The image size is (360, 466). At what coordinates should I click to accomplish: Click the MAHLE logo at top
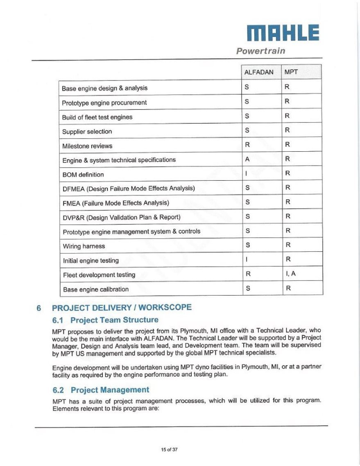tap(283, 33)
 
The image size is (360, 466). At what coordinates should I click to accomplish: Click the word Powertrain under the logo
tap(260, 51)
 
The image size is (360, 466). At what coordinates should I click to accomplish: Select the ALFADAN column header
tap(259, 72)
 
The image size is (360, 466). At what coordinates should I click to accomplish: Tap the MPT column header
tap(291, 72)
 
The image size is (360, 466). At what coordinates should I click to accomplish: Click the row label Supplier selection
tap(87, 132)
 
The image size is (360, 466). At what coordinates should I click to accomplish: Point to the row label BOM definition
tap(83, 175)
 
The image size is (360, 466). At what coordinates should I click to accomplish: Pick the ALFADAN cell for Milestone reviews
tap(247, 144)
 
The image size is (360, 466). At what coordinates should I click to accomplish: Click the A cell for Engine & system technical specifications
tap(247, 159)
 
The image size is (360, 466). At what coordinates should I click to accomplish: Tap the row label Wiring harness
tap(84, 246)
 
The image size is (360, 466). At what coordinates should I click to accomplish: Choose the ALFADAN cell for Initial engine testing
tap(246, 259)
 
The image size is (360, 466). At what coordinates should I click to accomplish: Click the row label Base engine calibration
tap(95, 289)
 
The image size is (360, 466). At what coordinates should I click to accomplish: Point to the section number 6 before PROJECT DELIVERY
tap(39, 308)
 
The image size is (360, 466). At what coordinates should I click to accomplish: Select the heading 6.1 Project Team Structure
tap(105, 320)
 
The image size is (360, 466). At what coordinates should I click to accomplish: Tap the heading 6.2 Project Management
tap(101, 390)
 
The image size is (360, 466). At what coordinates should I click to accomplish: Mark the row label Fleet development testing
tap(99, 275)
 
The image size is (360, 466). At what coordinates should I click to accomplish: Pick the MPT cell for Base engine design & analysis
tap(288, 87)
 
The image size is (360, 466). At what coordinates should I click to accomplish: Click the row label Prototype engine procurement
tap(104, 102)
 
